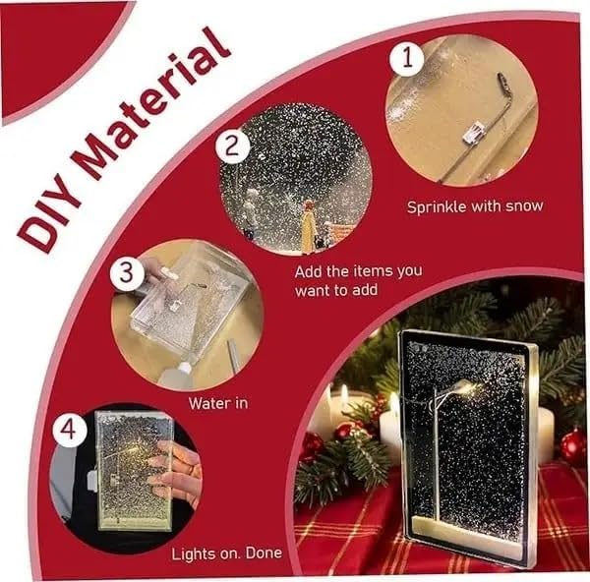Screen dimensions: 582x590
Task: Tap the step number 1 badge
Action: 406,57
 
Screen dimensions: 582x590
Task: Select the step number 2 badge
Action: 232,146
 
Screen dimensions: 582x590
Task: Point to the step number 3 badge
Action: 126,274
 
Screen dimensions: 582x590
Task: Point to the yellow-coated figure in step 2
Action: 308,229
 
